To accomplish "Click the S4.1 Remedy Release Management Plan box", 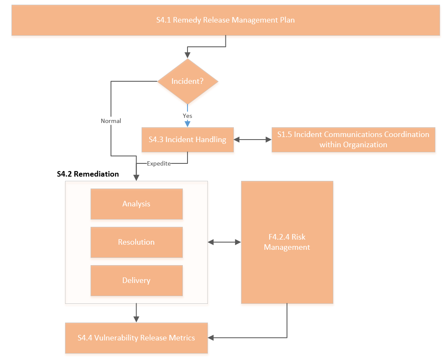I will click(x=225, y=20).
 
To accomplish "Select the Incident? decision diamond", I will click(x=187, y=81).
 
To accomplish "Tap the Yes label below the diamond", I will click(x=187, y=116).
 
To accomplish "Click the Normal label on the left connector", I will click(x=111, y=121).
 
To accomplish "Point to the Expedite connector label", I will click(x=159, y=163).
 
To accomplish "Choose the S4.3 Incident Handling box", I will click(x=187, y=140).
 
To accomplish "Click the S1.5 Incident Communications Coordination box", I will click(x=353, y=140).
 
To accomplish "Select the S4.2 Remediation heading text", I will click(x=88, y=174).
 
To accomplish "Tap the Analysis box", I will click(x=136, y=204).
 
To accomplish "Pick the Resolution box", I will click(x=136, y=242).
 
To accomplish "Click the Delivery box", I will click(x=136, y=280).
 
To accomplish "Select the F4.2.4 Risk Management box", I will click(x=287, y=242).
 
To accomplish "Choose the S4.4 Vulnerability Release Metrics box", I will click(x=136, y=338).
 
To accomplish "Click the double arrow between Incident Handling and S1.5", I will click(x=253, y=140).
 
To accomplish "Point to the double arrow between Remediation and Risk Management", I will click(x=224, y=242).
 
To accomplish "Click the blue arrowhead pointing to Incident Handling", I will click(x=187, y=124).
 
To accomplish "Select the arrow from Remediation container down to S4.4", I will click(x=136, y=313).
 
